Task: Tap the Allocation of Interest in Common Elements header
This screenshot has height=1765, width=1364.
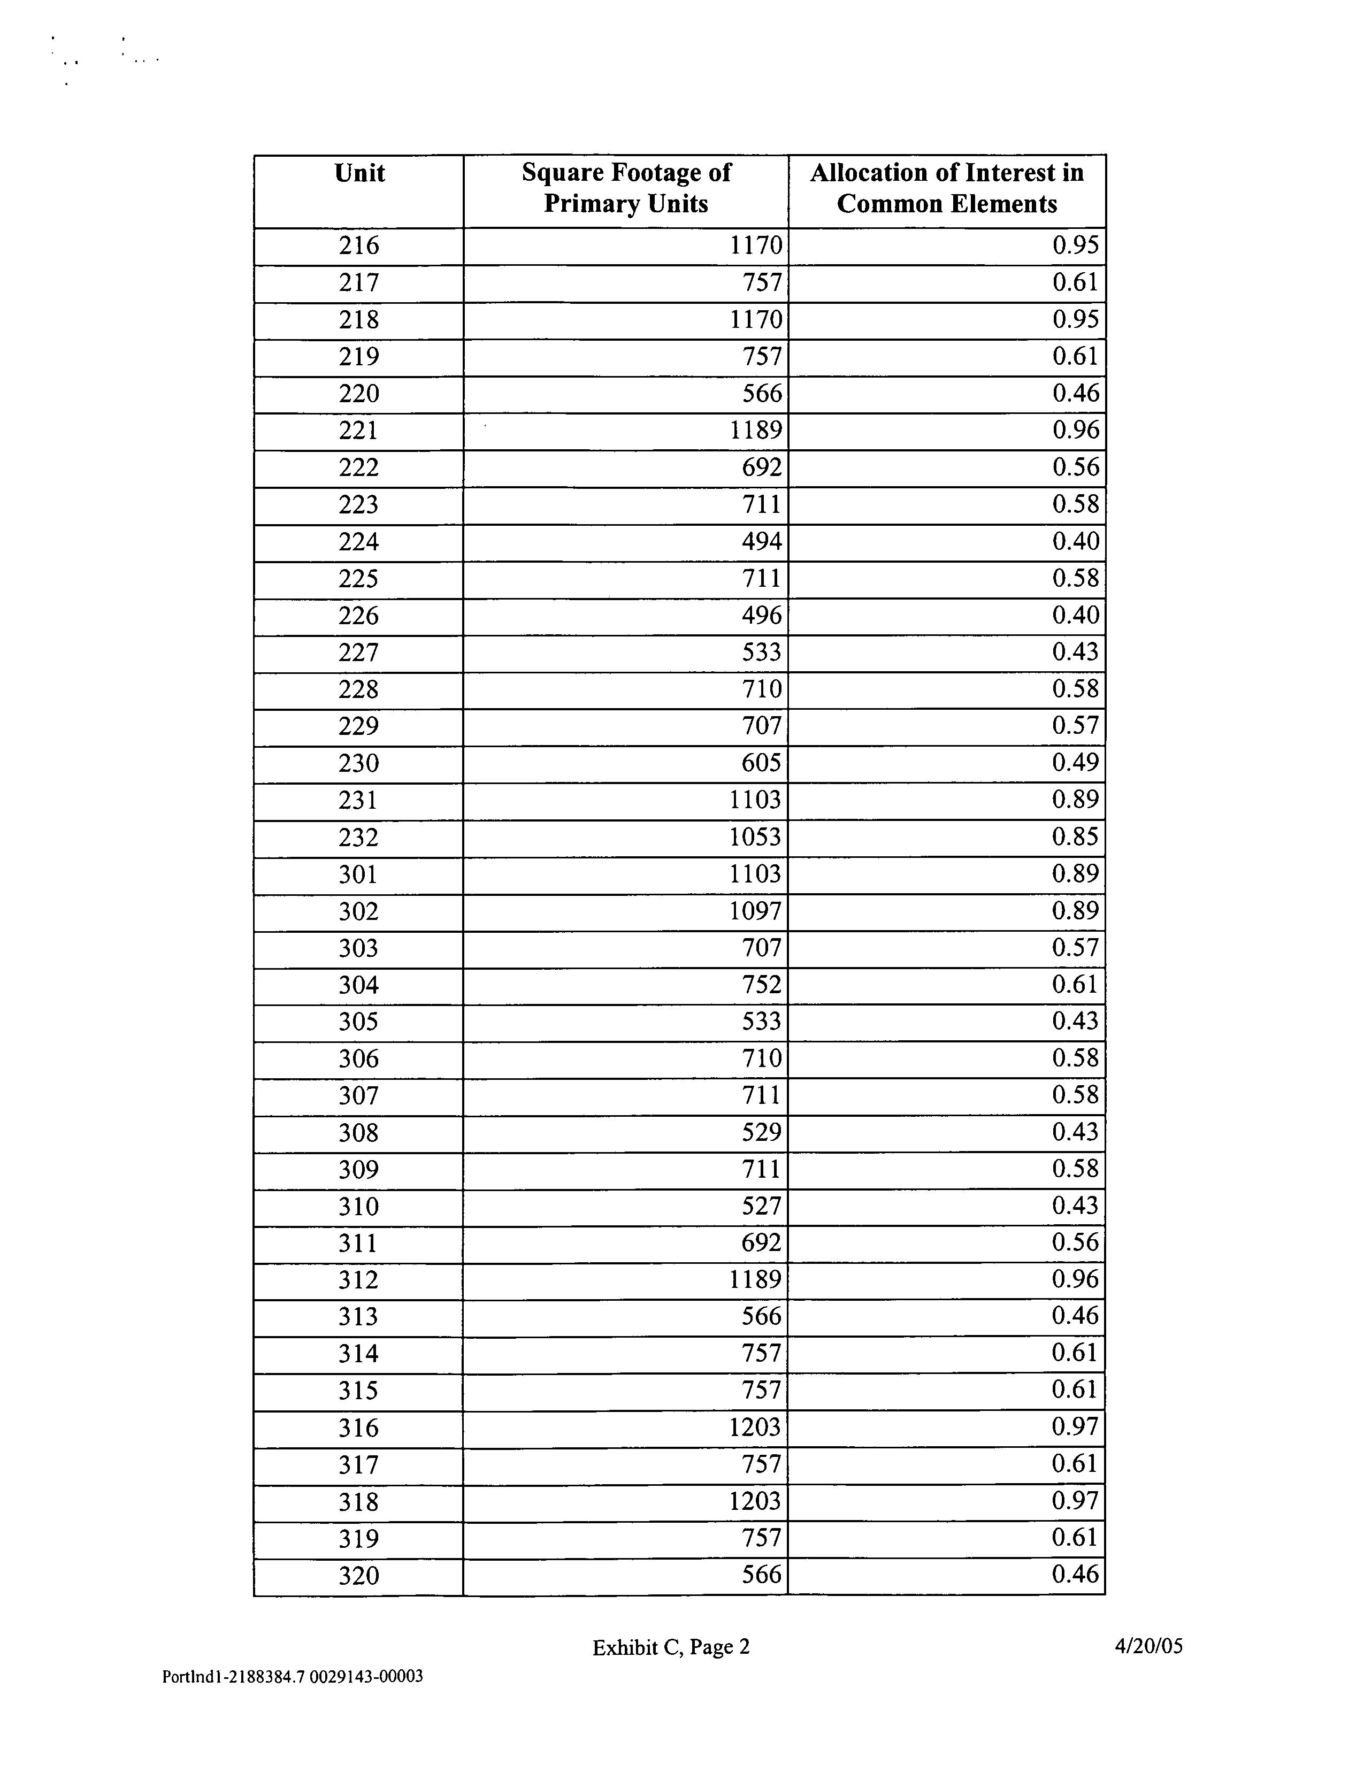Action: pyautogui.click(x=946, y=188)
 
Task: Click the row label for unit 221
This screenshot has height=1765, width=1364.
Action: pyautogui.click(x=359, y=430)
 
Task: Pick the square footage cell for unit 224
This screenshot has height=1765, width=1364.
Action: pyautogui.click(x=761, y=541)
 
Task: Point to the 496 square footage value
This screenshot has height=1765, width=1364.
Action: pyautogui.click(x=761, y=616)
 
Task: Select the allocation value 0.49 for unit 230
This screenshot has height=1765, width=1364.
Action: pyautogui.click(x=1075, y=763)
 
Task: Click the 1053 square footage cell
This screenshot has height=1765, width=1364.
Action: pyautogui.click(x=755, y=837)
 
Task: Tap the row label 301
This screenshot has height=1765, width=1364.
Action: pyautogui.click(x=359, y=874)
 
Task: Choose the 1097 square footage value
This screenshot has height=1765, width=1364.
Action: pyautogui.click(x=755, y=911)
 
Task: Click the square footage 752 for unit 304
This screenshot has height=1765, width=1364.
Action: pyautogui.click(x=761, y=985)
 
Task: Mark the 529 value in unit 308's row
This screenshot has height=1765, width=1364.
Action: pyautogui.click(x=761, y=1133)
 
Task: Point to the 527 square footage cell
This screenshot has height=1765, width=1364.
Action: pyautogui.click(x=761, y=1207)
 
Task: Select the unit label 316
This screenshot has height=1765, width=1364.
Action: pyautogui.click(x=359, y=1428)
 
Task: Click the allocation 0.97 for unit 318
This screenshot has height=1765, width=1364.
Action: pyautogui.click(x=1075, y=1501)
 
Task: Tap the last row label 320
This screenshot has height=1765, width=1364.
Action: pyautogui.click(x=359, y=1576)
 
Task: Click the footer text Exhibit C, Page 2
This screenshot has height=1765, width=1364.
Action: pyautogui.click(x=671, y=1647)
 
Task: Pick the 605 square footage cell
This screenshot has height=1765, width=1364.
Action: pyautogui.click(x=761, y=763)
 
